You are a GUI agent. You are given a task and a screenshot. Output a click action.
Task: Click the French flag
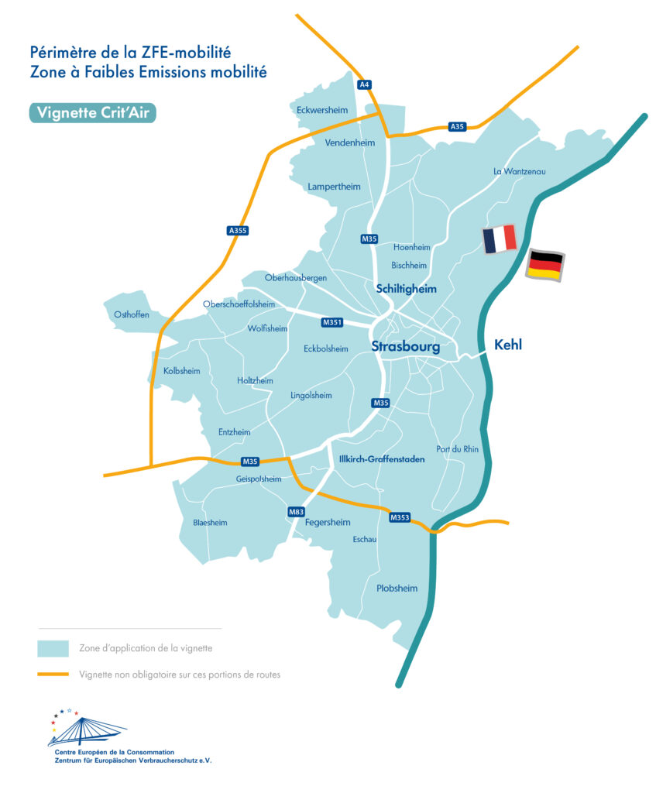point(500,239)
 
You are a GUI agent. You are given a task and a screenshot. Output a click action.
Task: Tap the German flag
point(545,265)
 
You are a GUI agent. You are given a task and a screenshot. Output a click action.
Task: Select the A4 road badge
point(362,84)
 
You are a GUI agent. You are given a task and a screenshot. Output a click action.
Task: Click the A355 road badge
point(238,230)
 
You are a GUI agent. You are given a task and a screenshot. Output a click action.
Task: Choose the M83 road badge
point(296,512)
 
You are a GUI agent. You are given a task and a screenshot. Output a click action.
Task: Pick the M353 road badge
point(400,517)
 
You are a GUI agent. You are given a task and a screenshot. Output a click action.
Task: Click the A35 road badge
point(457,126)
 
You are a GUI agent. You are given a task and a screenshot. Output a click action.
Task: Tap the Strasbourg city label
point(405,347)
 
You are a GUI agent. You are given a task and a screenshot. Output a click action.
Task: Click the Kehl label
point(508,345)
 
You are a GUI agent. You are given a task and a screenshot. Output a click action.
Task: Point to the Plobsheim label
point(397,589)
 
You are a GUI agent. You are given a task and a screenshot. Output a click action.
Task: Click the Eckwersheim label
point(322,110)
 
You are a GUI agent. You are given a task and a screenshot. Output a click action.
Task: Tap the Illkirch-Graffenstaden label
point(382,459)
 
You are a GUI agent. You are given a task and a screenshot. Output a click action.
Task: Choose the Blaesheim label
point(210,523)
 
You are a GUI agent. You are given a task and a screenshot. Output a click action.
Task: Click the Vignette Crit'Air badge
point(93,112)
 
